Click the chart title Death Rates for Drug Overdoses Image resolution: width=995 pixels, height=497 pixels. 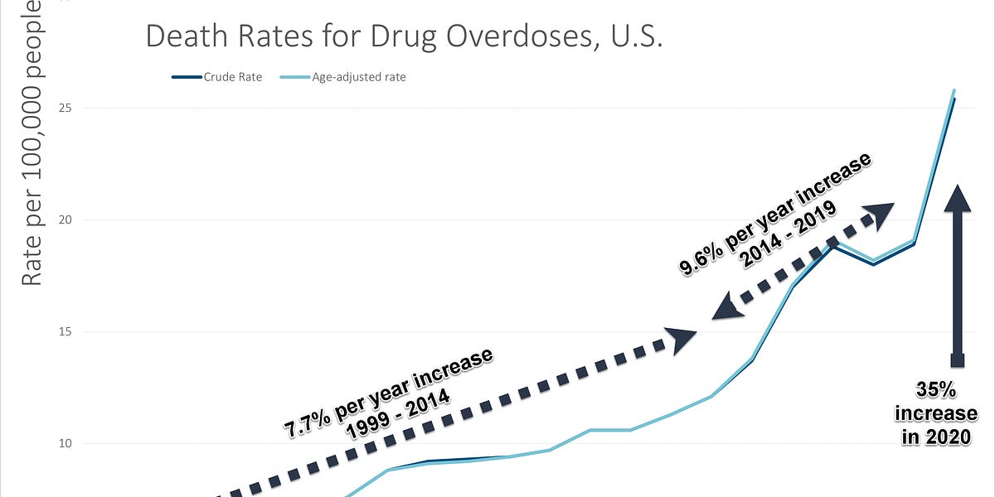click(404, 36)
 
